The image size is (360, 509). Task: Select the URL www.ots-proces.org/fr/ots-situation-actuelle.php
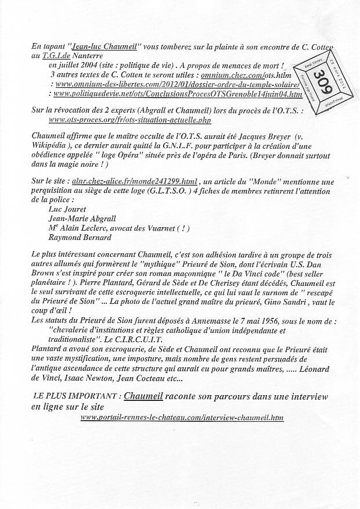click(131, 120)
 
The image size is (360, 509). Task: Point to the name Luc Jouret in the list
click(69, 209)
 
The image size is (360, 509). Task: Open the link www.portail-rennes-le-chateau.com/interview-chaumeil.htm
click(182, 417)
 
